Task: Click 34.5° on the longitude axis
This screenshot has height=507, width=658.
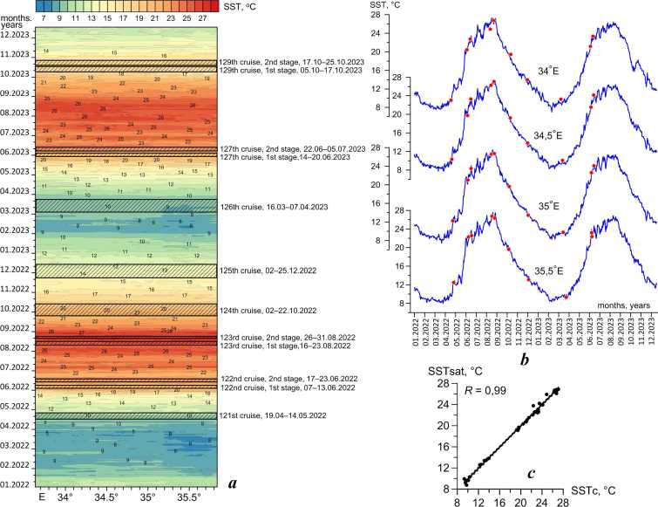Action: [106, 497]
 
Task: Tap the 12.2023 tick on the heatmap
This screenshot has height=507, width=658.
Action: [17, 34]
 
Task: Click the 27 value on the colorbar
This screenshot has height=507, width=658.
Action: [201, 17]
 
